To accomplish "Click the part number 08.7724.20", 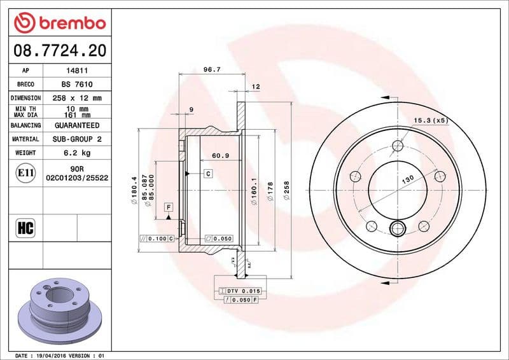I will click(59, 50).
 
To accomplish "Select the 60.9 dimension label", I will click(220, 156).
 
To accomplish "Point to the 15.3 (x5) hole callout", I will click(431, 120).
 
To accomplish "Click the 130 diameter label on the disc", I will click(407, 180).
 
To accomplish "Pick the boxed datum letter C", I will click(207, 173).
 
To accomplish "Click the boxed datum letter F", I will click(169, 207).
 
